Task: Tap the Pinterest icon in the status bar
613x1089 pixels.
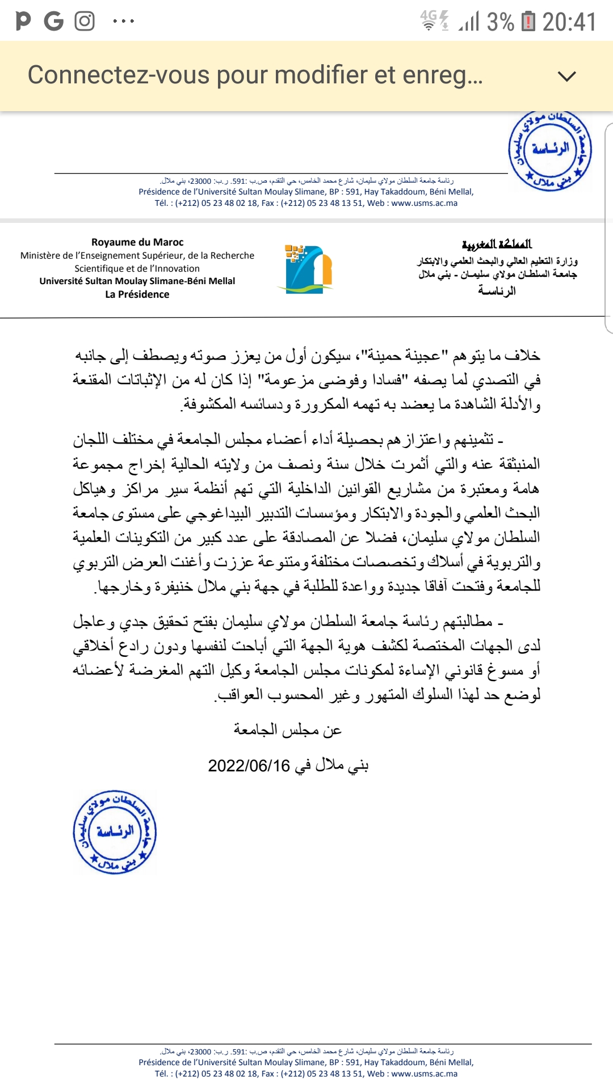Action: (x=23, y=22)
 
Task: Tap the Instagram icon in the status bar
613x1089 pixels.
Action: (x=85, y=22)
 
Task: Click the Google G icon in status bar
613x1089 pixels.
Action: (x=54, y=22)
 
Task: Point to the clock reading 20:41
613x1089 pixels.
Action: (x=569, y=22)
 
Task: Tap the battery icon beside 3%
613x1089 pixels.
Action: (x=528, y=22)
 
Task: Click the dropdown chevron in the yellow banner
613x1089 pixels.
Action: (x=567, y=76)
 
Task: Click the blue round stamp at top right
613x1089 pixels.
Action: (x=550, y=150)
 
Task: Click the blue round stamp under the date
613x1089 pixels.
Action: (x=115, y=832)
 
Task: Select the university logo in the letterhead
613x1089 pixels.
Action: (x=308, y=269)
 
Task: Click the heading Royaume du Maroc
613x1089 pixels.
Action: (x=137, y=242)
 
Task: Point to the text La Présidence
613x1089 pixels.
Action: (x=137, y=294)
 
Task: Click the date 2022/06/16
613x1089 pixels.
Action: (x=249, y=766)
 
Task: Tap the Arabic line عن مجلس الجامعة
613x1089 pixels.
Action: (x=287, y=730)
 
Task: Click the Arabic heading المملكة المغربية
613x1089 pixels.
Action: (x=497, y=244)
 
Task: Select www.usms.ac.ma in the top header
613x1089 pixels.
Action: (x=424, y=203)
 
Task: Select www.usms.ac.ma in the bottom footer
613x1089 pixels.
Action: (x=424, y=1074)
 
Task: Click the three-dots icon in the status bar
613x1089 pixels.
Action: (x=123, y=22)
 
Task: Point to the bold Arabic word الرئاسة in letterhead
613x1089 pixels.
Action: (x=497, y=291)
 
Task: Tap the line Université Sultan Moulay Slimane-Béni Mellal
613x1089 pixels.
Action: (x=137, y=281)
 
